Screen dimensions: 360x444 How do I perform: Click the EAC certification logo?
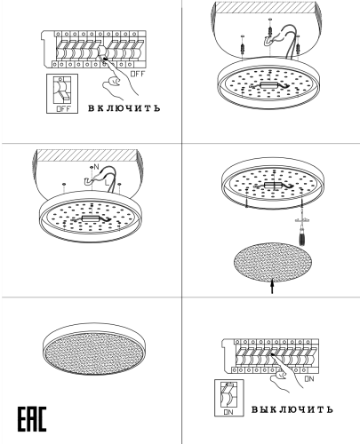click(x=32, y=419)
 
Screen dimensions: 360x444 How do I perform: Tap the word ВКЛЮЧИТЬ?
click(x=124, y=108)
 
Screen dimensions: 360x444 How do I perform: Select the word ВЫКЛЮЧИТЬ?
click(x=292, y=409)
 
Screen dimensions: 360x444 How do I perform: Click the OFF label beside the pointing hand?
click(x=138, y=74)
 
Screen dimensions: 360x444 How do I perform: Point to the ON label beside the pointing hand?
click(x=309, y=378)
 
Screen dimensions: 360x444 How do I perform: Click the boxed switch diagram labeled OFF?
click(x=62, y=93)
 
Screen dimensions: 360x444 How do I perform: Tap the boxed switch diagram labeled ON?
click(x=229, y=398)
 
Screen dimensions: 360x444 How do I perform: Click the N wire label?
click(x=96, y=167)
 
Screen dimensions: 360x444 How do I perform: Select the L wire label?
click(x=107, y=183)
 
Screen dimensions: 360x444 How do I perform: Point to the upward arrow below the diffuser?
click(x=272, y=286)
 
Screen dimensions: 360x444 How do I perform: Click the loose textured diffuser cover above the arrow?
click(x=273, y=262)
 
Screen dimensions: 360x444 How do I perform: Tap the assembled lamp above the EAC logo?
click(x=94, y=349)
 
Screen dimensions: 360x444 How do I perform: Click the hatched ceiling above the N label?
click(x=86, y=155)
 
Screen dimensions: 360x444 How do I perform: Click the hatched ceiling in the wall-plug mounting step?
click(x=265, y=7)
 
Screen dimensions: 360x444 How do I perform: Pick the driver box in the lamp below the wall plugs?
click(x=269, y=85)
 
